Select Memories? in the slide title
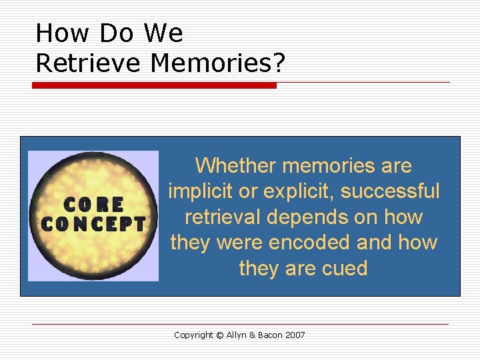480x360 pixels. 218,63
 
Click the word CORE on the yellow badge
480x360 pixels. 94,204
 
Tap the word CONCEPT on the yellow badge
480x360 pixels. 93,224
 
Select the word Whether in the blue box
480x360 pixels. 236,165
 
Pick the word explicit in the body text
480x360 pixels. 299,191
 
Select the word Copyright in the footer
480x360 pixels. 193,335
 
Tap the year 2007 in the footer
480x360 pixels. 295,335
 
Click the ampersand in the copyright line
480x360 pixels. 255,335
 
